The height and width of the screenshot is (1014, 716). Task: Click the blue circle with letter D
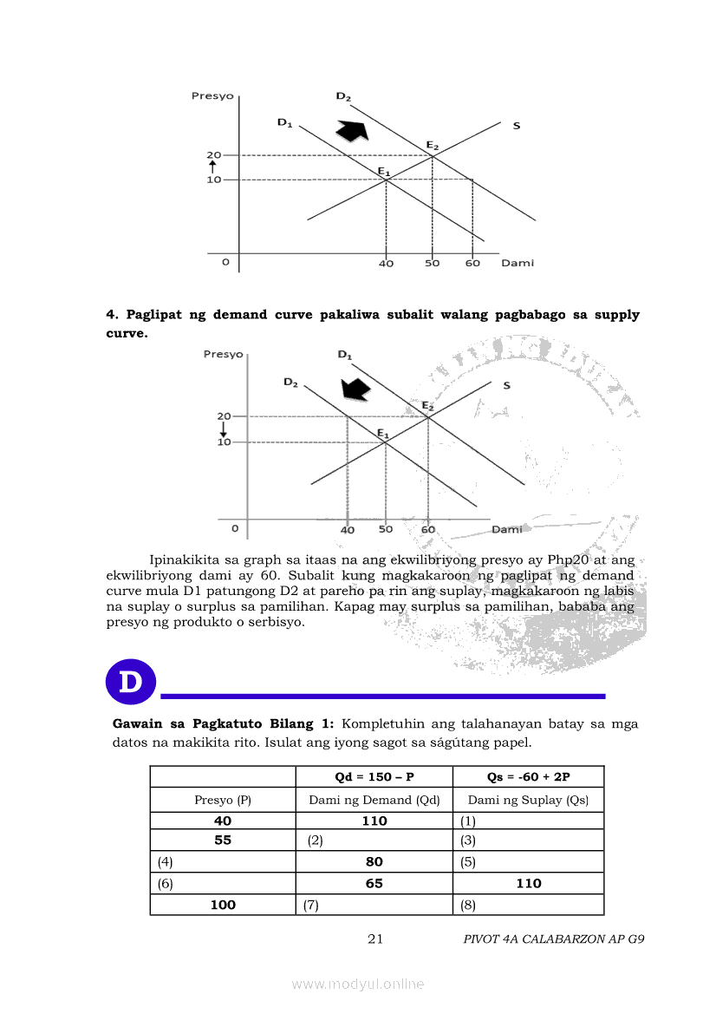tap(130, 682)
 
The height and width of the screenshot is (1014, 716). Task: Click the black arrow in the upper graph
tap(352, 129)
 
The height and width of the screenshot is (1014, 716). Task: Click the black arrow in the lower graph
tap(355, 389)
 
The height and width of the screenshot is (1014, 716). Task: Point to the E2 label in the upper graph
tap(432, 144)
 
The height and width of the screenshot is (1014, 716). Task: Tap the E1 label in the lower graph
tap(383, 432)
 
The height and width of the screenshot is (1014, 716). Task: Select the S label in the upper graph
tap(517, 126)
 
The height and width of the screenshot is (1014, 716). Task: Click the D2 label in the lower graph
tap(290, 383)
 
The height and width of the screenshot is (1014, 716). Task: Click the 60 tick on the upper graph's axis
tap(472, 263)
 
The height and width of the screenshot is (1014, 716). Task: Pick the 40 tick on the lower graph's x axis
tap(348, 529)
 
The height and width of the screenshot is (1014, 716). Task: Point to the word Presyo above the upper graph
tap(212, 96)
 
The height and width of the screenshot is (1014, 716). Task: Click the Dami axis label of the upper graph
tap(517, 263)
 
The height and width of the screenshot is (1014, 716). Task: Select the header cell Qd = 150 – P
tap(374, 776)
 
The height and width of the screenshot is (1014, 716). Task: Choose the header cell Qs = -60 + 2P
tap(528, 776)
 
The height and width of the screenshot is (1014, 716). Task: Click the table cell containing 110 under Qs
tap(528, 883)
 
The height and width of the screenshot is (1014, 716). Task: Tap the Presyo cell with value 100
tap(223, 905)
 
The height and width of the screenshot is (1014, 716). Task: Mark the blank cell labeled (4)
tap(223, 862)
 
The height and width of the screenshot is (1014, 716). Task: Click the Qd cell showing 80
tap(374, 862)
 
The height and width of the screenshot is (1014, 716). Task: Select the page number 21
tap(375, 939)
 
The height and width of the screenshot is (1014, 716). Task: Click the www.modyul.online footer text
tap(358, 984)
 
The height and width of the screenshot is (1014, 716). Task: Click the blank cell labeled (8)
tap(528, 905)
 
